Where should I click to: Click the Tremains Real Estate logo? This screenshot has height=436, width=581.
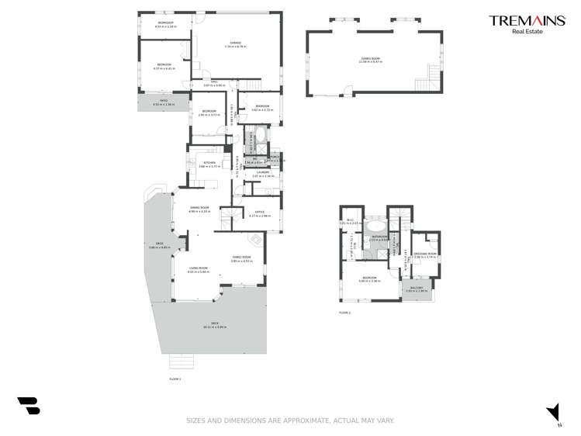(527, 24)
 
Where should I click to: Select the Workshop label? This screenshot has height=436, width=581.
(166, 24)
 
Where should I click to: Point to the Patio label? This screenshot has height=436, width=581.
(164, 102)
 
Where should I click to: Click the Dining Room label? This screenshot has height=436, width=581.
(200, 208)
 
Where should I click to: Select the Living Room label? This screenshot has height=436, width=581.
(199, 269)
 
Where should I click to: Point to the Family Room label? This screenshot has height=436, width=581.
(241, 258)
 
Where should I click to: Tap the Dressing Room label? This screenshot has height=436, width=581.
(426, 254)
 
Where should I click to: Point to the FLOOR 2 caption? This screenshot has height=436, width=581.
(344, 313)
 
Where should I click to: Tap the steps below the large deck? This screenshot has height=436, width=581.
(181, 362)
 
